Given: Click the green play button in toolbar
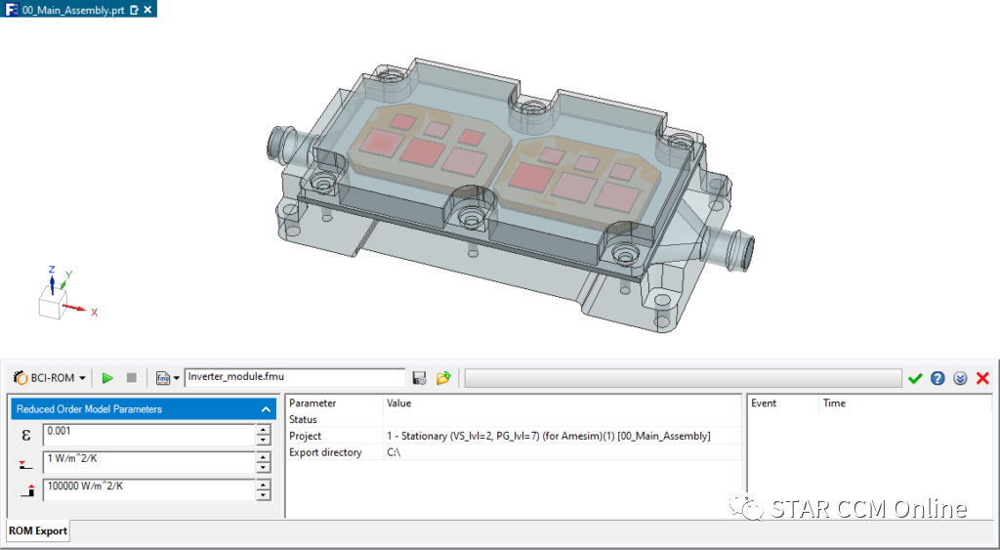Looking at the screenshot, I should coord(107,378).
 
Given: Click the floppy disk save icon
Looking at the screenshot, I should coord(420,378).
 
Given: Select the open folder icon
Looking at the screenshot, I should coord(443,378).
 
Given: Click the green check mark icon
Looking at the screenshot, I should coord(915,378).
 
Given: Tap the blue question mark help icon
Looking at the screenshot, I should coord(937,378).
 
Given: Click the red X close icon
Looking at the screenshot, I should coord(982,378).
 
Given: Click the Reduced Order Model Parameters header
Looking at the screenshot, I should coord(137,409).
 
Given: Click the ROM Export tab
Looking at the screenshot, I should coord(38,531).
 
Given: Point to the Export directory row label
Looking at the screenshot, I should coord(325,452).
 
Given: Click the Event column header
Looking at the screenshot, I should coord(764,402).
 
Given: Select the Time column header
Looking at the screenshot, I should coord(834,402).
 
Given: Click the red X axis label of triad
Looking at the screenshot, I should coord(94,313).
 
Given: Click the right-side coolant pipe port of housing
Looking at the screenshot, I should coord(742,249).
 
